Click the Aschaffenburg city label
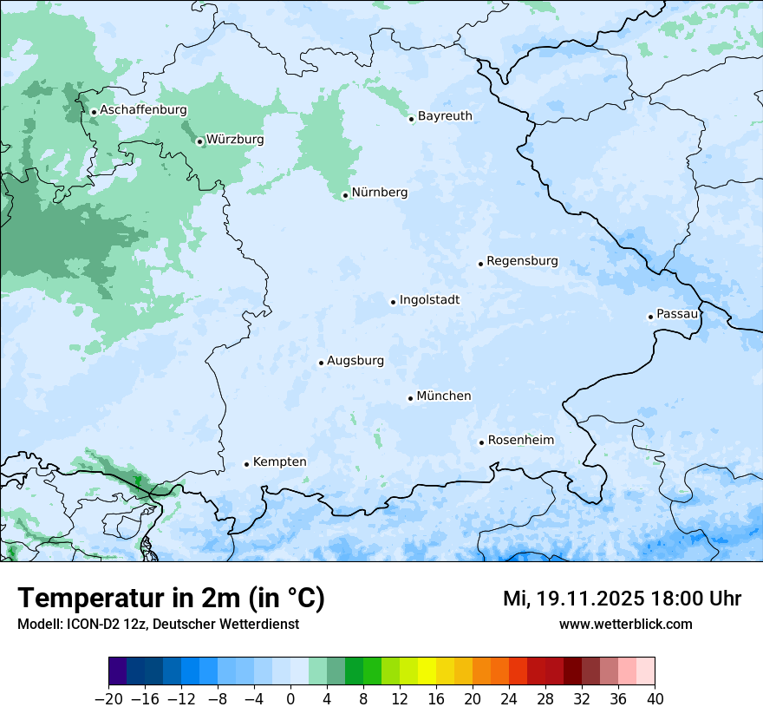tap(143, 110)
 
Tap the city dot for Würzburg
tap(199, 141)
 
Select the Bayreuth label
tap(445, 115)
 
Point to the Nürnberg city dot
tap(345, 195)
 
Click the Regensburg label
tap(522, 260)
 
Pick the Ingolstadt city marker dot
tap(393, 302)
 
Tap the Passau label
tap(677, 313)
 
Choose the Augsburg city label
tap(355, 360)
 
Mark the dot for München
tap(410, 398)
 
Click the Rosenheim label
tap(520, 440)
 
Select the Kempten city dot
tap(246, 464)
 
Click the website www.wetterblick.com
tap(625, 624)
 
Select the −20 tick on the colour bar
tap(108, 699)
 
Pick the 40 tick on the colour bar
tap(655, 699)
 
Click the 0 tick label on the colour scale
tap(290, 699)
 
